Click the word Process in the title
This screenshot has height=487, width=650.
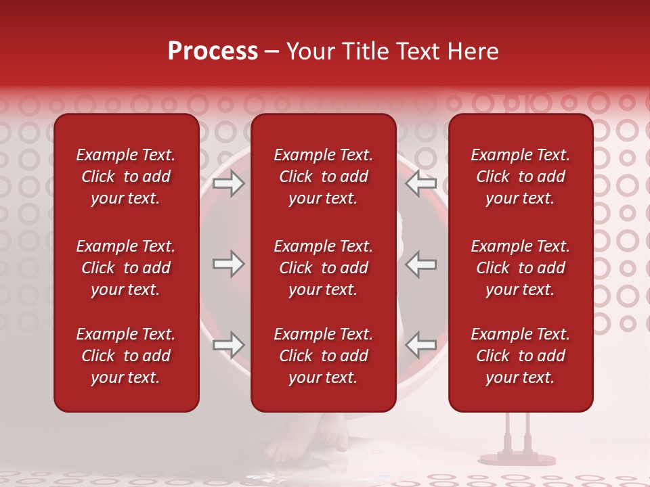point(213,51)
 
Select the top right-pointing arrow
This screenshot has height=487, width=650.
point(228,184)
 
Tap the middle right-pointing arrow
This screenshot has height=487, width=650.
point(228,264)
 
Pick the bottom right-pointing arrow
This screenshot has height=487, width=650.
point(228,345)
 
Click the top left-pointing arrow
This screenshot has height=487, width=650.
point(421,184)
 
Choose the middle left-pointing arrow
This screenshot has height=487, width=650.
point(421,264)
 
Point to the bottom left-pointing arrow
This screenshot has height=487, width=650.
point(421,345)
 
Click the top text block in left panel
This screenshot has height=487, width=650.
point(126,177)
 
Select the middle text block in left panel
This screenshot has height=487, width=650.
point(126,268)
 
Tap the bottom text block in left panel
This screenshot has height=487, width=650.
point(126,356)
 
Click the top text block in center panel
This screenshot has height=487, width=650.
point(323,177)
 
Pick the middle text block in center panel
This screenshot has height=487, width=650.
point(323,268)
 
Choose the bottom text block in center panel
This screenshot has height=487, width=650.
point(323,356)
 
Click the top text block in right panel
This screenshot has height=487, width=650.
point(520,177)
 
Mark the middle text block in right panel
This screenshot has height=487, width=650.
point(520,268)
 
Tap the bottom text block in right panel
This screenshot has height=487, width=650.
point(520,356)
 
